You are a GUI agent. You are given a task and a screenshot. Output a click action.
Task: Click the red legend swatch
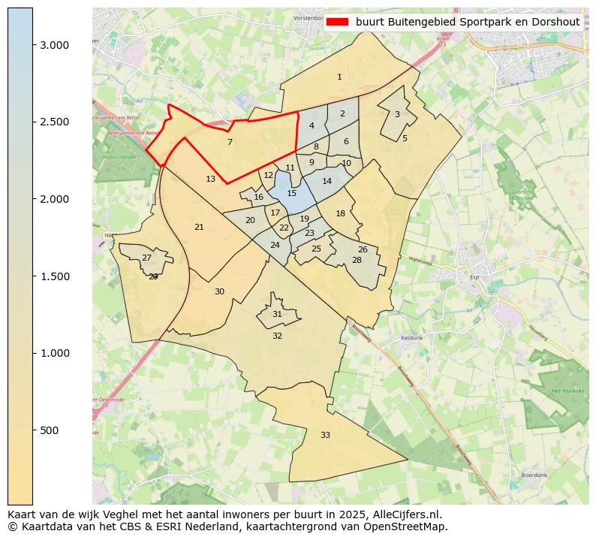pos(339,22)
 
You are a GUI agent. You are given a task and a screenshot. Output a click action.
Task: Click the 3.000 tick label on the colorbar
pos(55,45)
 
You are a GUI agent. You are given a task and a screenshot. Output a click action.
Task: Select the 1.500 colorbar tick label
pos(55,276)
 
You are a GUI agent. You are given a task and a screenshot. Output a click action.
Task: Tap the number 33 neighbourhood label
pos(325,435)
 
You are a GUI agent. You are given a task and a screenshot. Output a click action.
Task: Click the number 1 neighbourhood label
pos(339,77)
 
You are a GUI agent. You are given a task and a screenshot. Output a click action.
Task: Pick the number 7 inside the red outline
pos(230,142)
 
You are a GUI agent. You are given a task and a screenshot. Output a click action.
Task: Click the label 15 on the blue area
pos(292,193)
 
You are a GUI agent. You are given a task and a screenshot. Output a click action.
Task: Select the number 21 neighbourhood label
pos(199,227)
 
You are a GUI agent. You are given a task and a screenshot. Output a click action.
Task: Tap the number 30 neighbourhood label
pos(219,291)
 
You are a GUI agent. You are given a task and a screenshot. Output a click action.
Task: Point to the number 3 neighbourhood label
pos(397,114)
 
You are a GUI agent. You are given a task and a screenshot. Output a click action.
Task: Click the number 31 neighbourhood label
pos(277,314)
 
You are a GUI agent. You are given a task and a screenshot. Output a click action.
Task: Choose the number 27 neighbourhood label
pos(146,258)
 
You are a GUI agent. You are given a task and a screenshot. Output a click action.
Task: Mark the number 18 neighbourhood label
pos(340,213)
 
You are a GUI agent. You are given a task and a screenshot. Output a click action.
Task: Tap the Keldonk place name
pos(412,338)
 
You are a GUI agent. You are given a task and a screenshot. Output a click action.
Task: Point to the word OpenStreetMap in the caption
pos(410,526)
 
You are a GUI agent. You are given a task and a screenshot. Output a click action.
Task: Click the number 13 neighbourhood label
pos(210,179)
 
